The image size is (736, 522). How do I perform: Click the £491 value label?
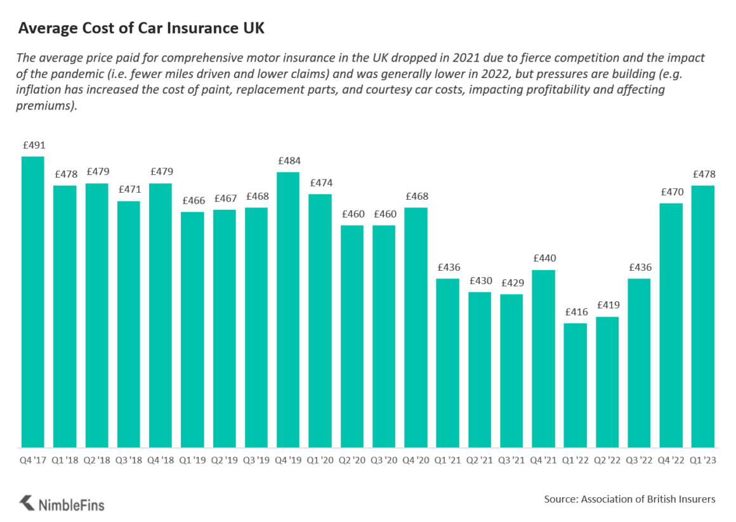coord(33,145)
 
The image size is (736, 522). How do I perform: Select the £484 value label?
coord(288,161)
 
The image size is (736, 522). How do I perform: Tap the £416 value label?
coord(575,312)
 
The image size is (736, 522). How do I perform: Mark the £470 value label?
coord(671,192)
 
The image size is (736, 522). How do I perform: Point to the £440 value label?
coord(543,259)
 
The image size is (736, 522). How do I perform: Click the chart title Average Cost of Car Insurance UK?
coord(141,29)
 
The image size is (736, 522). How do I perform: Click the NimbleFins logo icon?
coord(27,504)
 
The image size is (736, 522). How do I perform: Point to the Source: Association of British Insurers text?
coord(629,499)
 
